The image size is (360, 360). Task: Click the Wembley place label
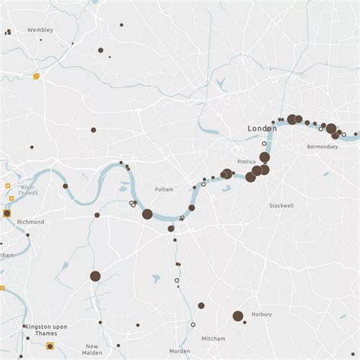pyautogui.click(x=39, y=30)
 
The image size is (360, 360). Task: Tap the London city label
pyautogui.click(x=262, y=129)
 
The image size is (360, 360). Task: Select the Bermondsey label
pyautogui.click(x=322, y=147)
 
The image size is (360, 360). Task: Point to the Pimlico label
pyautogui.click(x=246, y=162)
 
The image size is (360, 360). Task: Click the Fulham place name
pyautogui.click(x=164, y=189)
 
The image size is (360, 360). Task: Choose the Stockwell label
pyautogui.click(x=281, y=206)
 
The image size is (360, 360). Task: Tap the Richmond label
pyautogui.click(x=30, y=222)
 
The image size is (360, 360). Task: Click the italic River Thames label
pyautogui.click(x=28, y=190)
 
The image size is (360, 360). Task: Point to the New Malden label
pyautogui.click(x=92, y=349)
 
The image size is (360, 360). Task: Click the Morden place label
pyautogui.click(x=180, y=351)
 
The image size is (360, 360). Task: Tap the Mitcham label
pyautogui.click(x=213, y=338)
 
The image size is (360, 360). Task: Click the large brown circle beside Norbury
pyautogui.click(x=238, y=316)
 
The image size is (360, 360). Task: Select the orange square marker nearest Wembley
pyautogui.click(x=36, y=76)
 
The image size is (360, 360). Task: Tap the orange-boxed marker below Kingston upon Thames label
pyautogui.click(x=50, y=346)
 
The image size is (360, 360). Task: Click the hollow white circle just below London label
pyautogui.click(x=264, y=144)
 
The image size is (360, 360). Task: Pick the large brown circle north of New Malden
pyautogui.click(x=95, y=276)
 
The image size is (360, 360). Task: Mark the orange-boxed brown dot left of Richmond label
pyautogui.click(x=7, y=214)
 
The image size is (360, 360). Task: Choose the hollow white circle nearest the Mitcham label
pyautogui.click(x=193, y=324)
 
